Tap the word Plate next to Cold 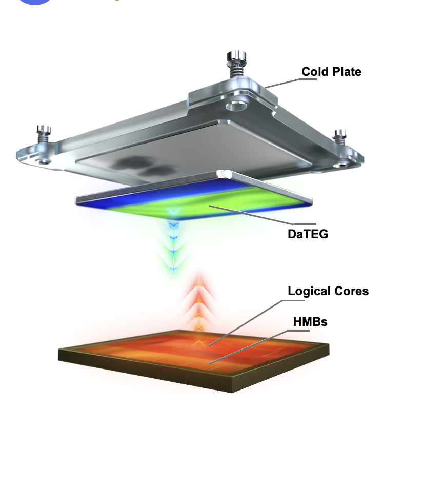[346, 72]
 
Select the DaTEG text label [308, 234]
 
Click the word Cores [351, 291]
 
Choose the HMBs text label [310, 322]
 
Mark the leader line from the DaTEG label [251, 215]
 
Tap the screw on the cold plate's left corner [43, 134]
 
